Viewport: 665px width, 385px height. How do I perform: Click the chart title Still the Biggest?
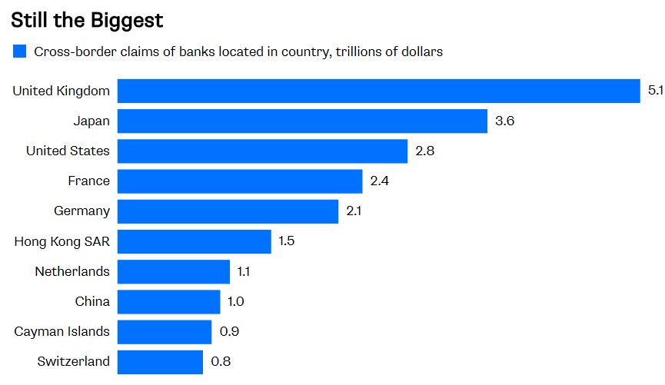(87, 18)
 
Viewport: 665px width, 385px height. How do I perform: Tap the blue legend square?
(19, 52)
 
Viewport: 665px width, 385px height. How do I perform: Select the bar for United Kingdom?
(378, 91)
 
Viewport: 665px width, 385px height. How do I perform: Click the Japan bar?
(302, 121)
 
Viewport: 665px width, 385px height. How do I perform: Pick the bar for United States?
(262, 151)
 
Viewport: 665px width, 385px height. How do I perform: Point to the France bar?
(240, 181)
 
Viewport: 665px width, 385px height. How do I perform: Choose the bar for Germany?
(228, 211)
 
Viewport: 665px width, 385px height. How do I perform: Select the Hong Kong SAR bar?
(194, 241)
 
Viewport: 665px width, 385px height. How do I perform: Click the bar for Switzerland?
(160, 362)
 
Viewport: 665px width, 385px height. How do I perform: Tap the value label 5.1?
(655, 91)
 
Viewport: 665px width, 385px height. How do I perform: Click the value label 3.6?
(504, 121)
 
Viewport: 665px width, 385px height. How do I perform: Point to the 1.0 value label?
(236, 302)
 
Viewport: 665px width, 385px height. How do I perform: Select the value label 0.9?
(228, 332)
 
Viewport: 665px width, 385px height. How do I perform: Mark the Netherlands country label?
(72, 271)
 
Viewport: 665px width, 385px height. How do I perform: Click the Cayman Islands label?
(62, 332)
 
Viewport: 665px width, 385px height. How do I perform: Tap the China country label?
(92, 302)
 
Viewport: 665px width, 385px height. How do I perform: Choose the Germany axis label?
(81, 211)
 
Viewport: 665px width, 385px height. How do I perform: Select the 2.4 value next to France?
(380, 181)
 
